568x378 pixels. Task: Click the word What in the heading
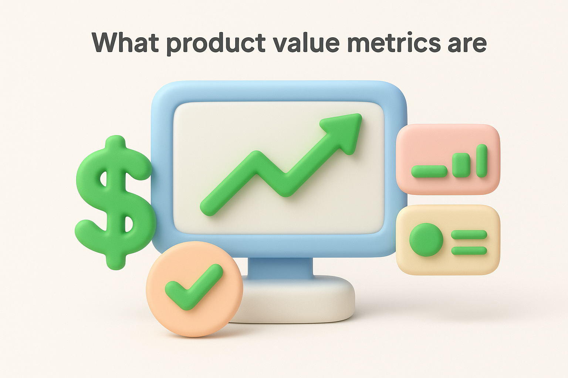(x=125, y=43)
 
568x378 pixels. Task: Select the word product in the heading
(x=215, y=44)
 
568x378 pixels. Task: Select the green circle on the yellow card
(x=426, y=240)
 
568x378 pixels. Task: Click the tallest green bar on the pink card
(x=481, y=161)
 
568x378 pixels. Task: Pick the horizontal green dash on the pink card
(x=429, y=171)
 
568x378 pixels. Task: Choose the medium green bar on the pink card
(x=461, y=165)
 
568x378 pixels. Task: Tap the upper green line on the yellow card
(x=469, y=234)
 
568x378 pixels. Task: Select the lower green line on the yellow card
(x=469, y=251)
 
